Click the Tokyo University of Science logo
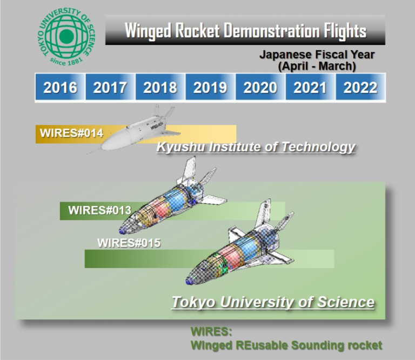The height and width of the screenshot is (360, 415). pos(66,36)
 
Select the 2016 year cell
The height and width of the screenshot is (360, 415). pos(60,87)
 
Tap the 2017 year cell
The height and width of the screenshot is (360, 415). pos(110,87)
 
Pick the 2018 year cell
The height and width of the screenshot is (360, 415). pos(160,87)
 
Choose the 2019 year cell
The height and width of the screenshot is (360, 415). pos(210,87)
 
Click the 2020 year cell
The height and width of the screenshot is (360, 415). pos(260,87)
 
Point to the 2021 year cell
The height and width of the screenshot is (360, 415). pos(310,87)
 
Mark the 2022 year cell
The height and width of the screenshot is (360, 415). pos(360,87)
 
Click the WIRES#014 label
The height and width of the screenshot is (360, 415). pos(71,133)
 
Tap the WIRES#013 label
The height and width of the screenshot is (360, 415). pos(99,210)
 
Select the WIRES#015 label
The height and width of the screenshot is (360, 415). pos(129,243)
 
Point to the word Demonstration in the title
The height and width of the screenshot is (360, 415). pos(272,31)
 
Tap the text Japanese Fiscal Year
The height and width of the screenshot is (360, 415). pos(317,55)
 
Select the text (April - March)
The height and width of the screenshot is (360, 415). pos(317,66)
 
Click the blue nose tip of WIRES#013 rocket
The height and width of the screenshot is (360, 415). pos(123,231)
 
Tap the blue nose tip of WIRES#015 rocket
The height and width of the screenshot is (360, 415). pos(189,281)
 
